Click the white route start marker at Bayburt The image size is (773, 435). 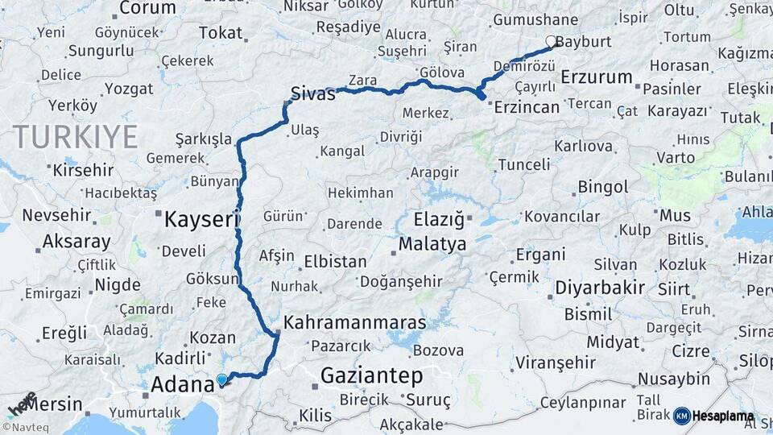click(551, 41)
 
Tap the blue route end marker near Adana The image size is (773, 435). click(222, 379)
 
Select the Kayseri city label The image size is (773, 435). click(202, 218)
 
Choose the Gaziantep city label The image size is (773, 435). click(371, 375)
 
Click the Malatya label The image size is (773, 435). click(432, 243)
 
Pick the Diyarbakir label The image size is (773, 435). click(600, 288)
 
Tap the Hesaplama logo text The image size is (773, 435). click(724, 416)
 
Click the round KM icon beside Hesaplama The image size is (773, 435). click(681, 416)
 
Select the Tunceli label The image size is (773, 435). click(524, 164)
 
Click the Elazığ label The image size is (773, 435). click(440, 219)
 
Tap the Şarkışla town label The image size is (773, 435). click(205, 138)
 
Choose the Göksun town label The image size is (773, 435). click(211, 279)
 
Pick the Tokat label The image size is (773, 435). click(220, 33)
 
